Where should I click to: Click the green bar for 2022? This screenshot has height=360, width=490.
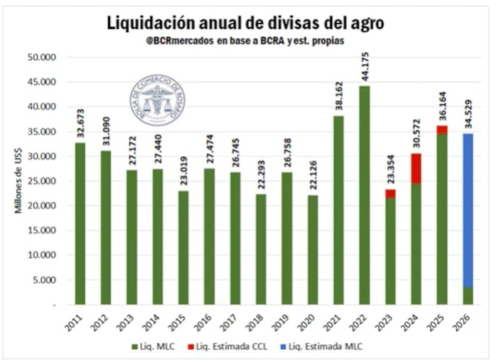365,196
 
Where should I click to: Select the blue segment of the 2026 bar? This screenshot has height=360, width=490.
468,211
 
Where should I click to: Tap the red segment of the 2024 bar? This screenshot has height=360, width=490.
416,168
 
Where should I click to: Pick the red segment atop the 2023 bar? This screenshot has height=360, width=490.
391,194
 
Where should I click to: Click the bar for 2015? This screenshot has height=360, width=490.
183,247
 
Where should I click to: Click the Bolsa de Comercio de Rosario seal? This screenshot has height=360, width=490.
157,100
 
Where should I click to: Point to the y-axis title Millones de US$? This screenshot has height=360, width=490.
19,181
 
